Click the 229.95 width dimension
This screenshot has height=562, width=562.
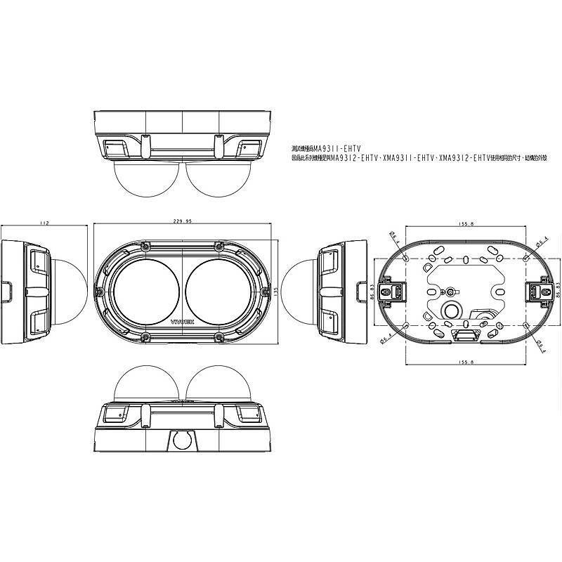coord(182,221)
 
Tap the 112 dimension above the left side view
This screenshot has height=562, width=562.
coord(44,222)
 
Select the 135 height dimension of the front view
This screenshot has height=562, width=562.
coord(275,290)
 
